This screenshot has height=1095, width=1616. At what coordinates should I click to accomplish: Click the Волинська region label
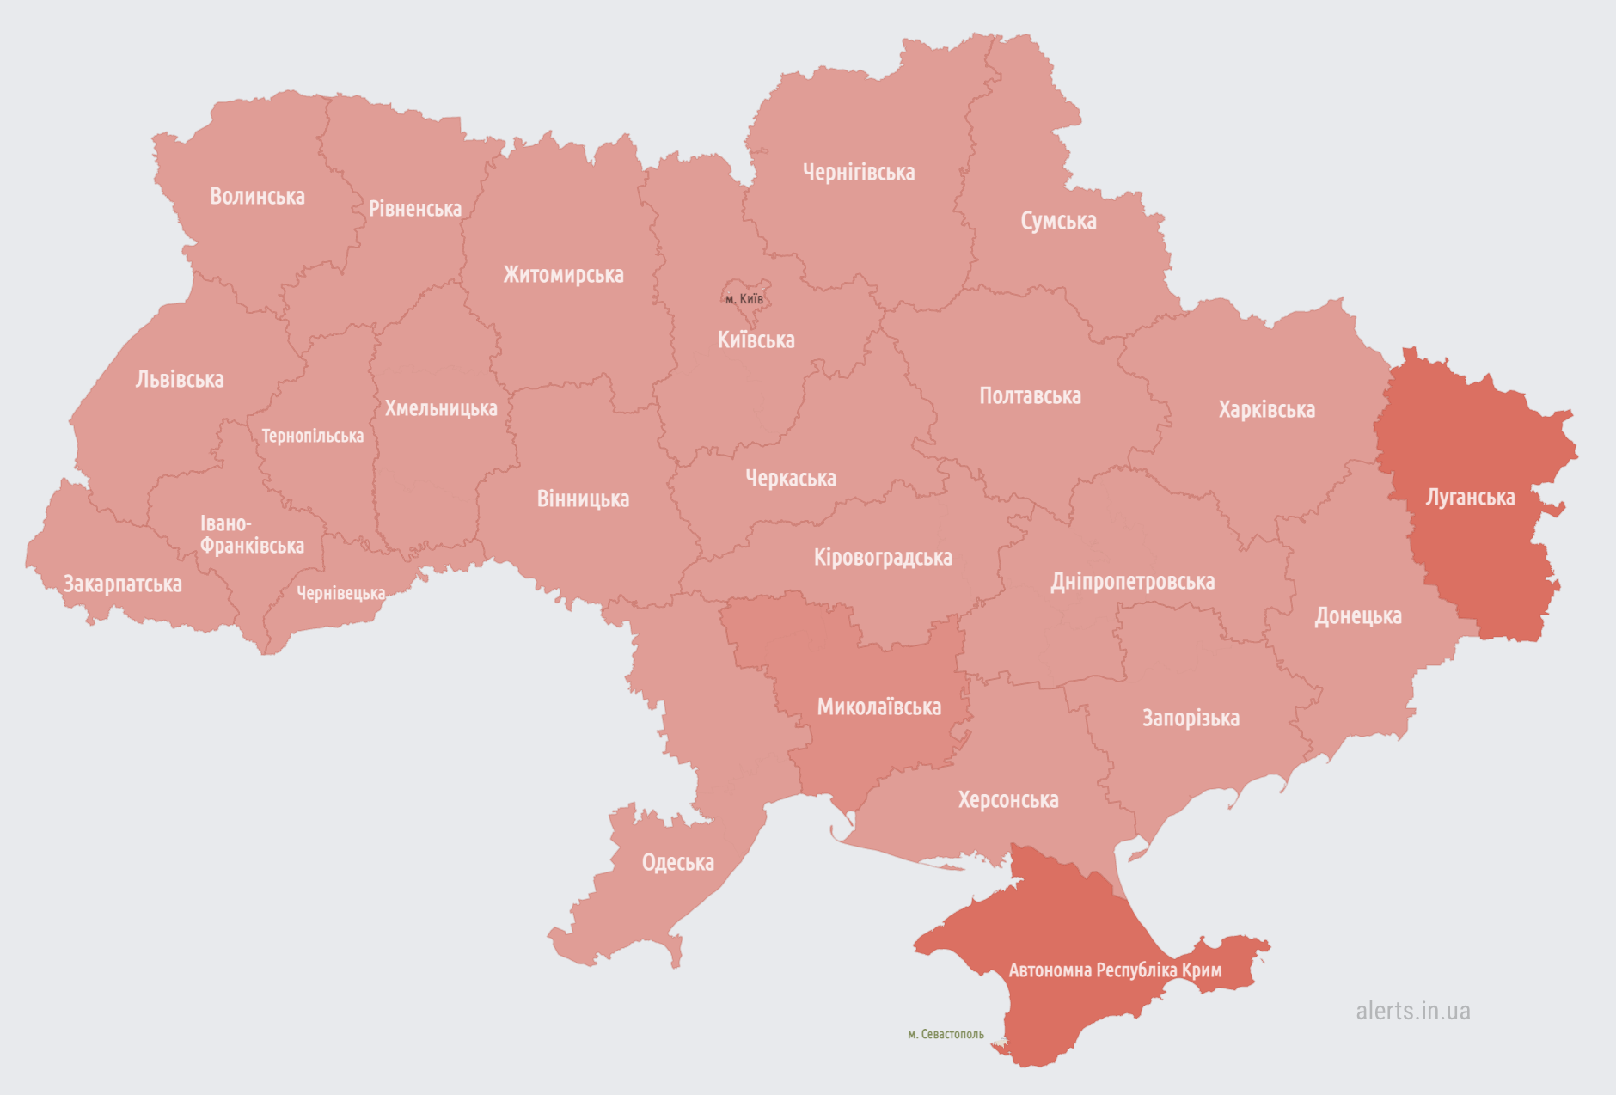click(x=257, y=197)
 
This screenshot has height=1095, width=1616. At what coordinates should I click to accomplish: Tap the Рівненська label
click(x=415, y=209)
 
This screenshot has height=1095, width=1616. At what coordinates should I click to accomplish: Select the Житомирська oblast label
click(x=563, y=275)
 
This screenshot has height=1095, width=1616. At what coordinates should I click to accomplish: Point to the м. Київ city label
click(x=744, y=299)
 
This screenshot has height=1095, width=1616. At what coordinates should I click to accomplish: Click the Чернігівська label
click(x=858, y=173)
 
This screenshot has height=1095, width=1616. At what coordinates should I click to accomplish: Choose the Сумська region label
click(x=1058, y=222)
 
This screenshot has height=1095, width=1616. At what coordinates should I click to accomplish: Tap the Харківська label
click(x=1266, y=410)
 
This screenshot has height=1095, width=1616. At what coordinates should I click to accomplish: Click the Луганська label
click(x=1470, y=498)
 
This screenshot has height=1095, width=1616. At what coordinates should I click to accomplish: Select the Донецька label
click(x=1358, y=616)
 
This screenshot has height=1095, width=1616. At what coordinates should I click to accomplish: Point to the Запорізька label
click(x=1191, y=719)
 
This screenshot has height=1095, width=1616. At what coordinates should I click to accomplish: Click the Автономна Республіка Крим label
click(x=1115, y=970)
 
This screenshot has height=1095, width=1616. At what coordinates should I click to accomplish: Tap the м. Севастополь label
click(x=946, y=1034)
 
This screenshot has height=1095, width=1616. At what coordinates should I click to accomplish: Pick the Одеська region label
click(x=677, y=863)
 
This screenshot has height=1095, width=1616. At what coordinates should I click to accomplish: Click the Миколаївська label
click(x=878, y=707)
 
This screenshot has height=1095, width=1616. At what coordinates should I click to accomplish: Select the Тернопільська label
click(x=312, y=437)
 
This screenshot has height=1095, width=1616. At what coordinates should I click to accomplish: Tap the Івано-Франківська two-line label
click(x=251, y=535)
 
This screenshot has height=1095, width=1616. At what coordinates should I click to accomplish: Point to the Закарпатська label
click(x=123, y=584)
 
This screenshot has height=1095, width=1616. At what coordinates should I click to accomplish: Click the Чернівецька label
click(x=340, y=593)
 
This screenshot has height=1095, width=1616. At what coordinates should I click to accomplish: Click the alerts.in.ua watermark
click(x=1412, y=1011)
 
